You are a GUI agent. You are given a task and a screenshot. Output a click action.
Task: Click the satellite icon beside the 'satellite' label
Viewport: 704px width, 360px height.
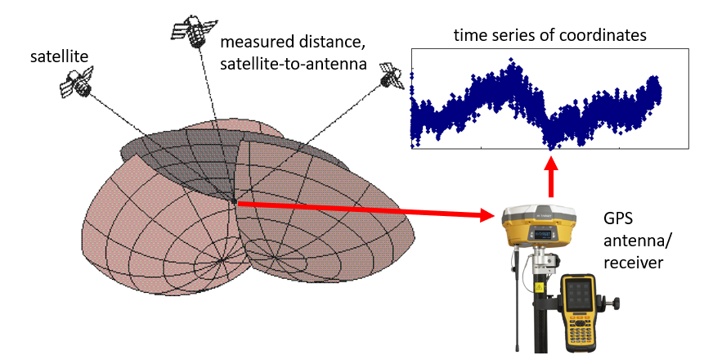tap(76, 83)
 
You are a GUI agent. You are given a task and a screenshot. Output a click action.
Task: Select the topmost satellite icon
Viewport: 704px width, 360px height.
tap(194, 30)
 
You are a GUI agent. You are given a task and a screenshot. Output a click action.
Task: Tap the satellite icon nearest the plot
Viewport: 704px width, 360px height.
tap(390, 74)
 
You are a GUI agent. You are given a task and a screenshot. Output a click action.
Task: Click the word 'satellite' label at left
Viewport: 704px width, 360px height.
tap(59, 57)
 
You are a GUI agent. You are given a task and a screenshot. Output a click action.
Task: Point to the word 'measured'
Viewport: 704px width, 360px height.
tap(254, 43)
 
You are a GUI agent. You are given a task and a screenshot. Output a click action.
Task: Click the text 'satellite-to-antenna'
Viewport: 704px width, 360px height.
tap(294, 64)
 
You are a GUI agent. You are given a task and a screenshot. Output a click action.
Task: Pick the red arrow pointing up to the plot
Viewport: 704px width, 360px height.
tap(551, 176)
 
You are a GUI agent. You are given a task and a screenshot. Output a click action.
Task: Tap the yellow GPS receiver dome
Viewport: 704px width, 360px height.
tap(539, 226)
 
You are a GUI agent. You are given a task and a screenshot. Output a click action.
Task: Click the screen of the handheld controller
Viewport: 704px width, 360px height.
tap(580, 295)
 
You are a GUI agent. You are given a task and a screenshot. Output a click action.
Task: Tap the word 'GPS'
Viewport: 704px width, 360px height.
tap(618, 219)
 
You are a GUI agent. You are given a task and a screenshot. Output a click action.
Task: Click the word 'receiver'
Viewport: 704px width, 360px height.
tap(633, 262)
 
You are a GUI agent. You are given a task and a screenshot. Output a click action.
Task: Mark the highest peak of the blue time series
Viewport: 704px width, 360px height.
tap(510, 60)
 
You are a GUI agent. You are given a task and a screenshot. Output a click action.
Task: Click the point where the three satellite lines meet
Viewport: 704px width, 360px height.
tap(235, 201)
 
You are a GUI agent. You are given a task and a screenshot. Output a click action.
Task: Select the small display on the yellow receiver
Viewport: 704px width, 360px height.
tap(540, 235)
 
